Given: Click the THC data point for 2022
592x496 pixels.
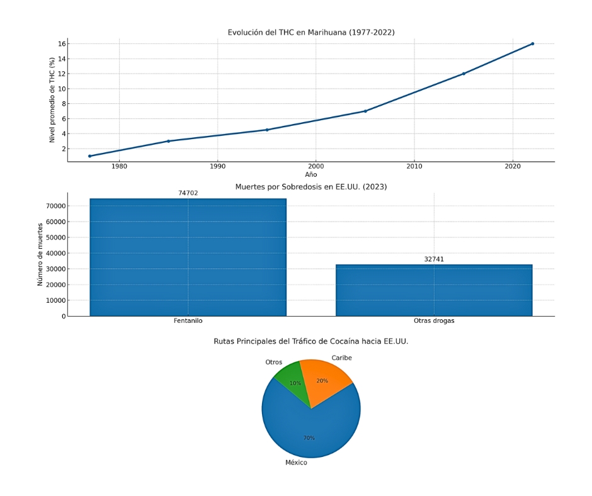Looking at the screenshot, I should click(x=532, y=43).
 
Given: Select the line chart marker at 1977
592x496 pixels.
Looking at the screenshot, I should click(x=89, y=156).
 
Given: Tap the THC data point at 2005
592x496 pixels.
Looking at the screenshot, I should click(x=365, y=111).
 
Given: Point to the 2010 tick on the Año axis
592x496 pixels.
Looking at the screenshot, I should click(x=414, y=167).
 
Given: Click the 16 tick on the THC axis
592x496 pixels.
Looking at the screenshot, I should click(x=62, y=43).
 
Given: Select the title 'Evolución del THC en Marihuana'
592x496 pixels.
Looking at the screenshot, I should click(x=311, y=32).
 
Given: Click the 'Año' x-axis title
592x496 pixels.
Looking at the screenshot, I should click(x=311, y=174).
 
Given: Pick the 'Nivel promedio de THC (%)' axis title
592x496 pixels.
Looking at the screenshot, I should click(x=52, y=99).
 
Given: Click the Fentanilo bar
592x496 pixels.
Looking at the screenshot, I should click(x=188, y=257).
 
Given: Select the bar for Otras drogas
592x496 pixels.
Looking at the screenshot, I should click(x=434, y=290).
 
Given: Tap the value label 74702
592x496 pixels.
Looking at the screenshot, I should click(x=188, y=193).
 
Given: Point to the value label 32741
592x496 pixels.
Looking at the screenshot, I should click(x=434, y=259).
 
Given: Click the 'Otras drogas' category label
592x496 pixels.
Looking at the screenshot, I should click(x=434, y=321).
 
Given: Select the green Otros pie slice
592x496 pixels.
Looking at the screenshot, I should click(x=292, y=382).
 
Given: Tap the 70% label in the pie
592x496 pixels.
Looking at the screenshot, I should click(x=309, y=438).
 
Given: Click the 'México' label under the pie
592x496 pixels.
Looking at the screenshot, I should click(x=296, y=463).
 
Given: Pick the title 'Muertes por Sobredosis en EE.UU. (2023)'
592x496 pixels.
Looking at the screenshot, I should click(x=311, y=187).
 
